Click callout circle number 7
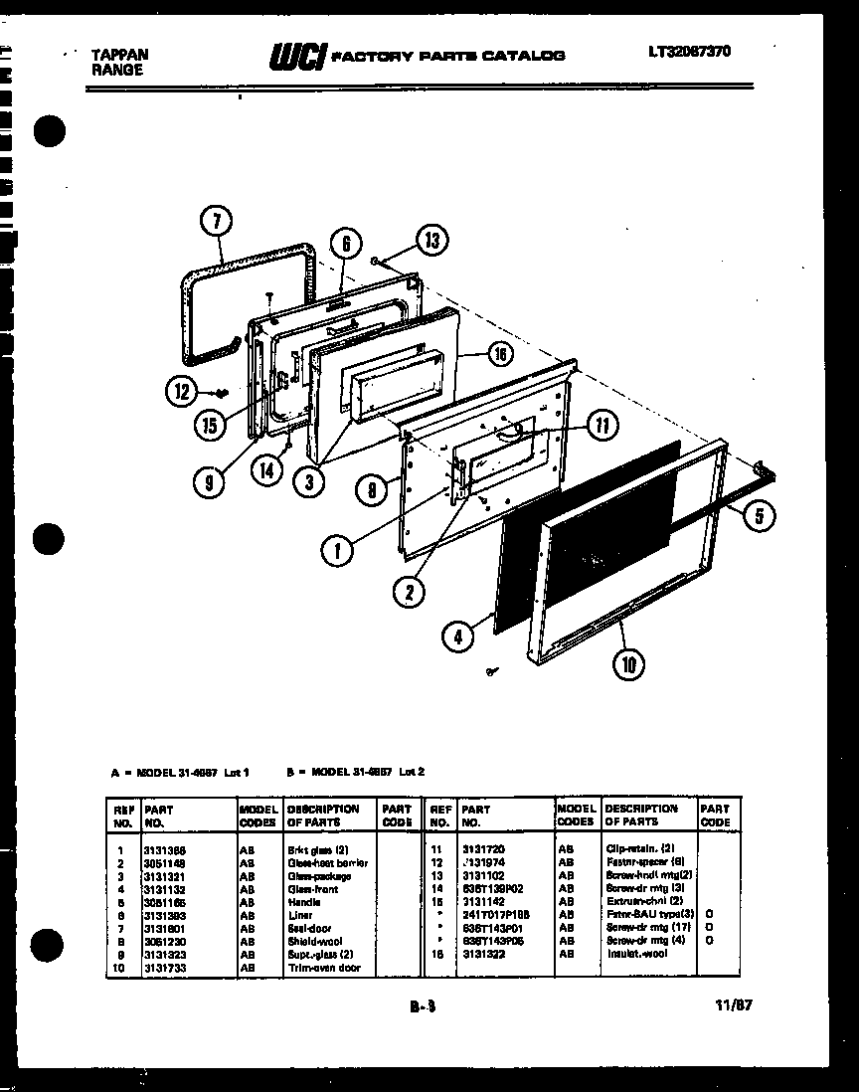point(218,222)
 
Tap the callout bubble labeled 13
point(429,240)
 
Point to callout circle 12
point(180,393)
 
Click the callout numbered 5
point(760,514)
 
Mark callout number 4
point(458,637)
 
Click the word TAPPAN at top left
point(116,55)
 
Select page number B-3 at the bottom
point(423,1006)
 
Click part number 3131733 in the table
point(165,967)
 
